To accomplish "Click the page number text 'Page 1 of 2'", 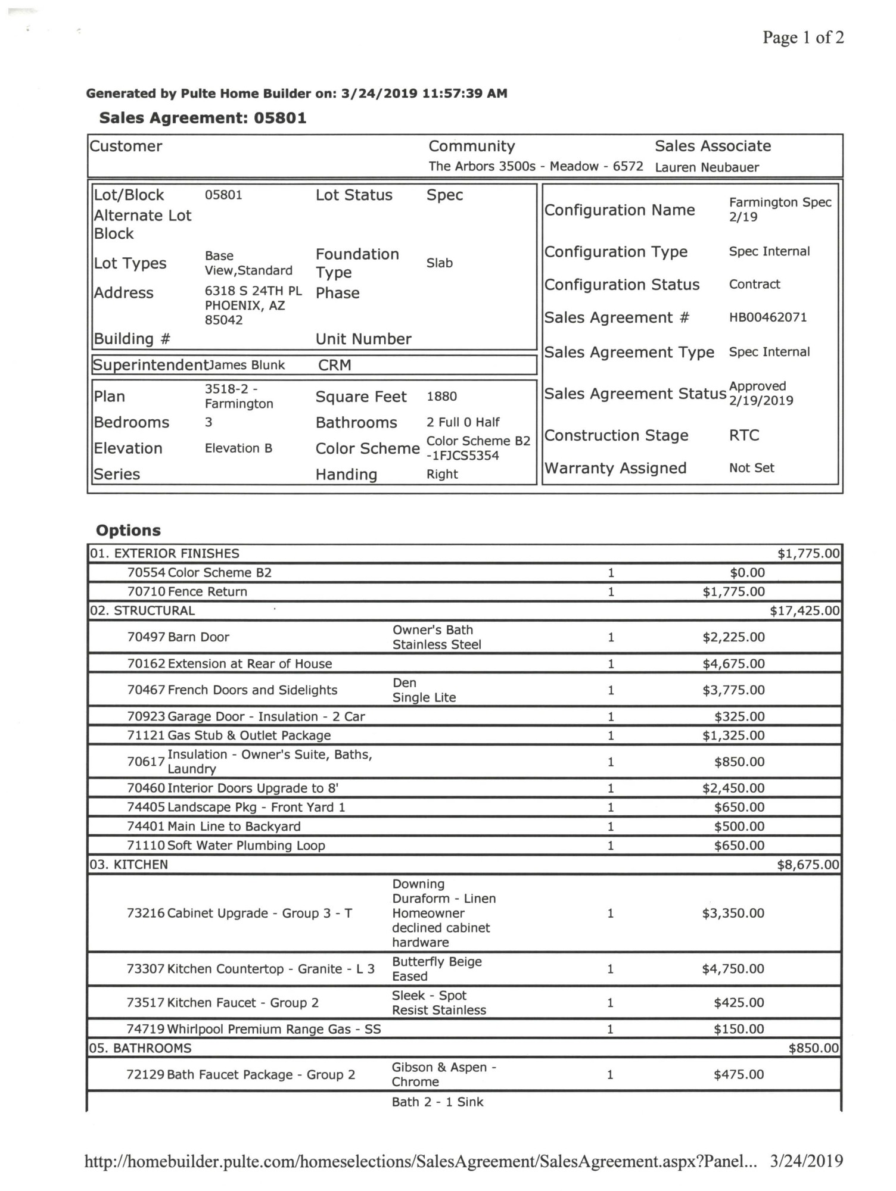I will [x=802, y=38].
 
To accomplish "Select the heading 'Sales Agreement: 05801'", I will [x=203, y=118].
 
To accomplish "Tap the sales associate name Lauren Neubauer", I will [x=707, y=167].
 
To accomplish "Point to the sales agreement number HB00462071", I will [x=768, y=317].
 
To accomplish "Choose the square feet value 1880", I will [x=441, y=397].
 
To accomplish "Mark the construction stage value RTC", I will [x=744, y=435].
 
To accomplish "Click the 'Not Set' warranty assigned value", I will [x=751, y=468].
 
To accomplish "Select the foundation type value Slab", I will [x=439, y=263].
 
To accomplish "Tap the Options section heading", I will [x=128, y=531].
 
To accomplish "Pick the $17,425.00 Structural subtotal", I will [x=804, y=611].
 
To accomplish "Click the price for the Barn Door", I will [x=733, y=637].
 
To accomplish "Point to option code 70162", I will [x=146, y=664].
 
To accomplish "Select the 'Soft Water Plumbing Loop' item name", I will [x=246, y=846].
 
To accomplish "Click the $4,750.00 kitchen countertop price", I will [x=733, y=969].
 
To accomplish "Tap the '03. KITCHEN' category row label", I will [x=129, y=865].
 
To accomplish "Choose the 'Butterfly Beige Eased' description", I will [x=436, y=969].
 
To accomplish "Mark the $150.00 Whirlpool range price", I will [x=739, y=1029].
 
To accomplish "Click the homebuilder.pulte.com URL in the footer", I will [x=420, y=1161].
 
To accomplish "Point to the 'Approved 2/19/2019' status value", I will [x=761, y=393].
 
